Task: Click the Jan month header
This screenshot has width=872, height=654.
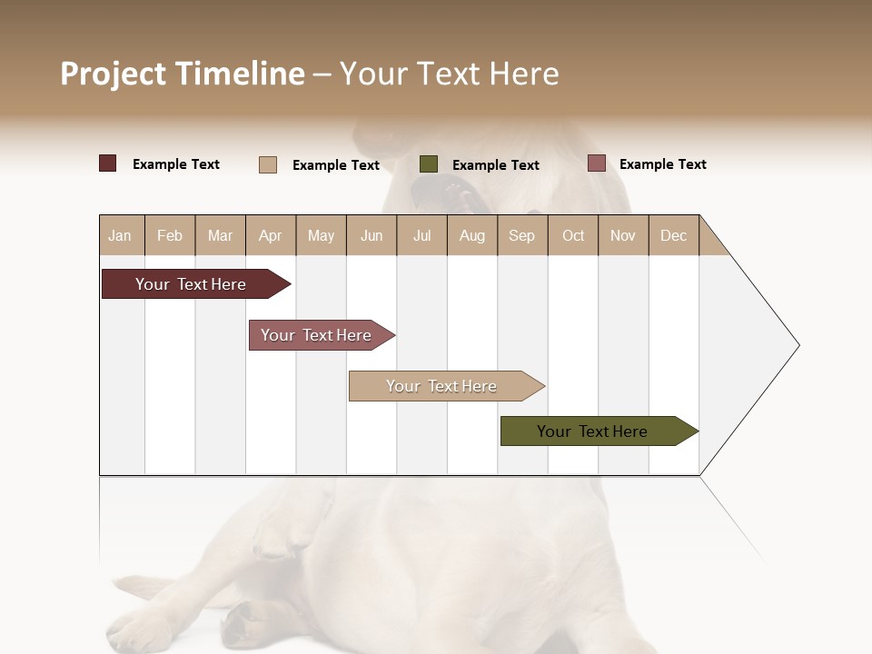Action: tap(120, 235)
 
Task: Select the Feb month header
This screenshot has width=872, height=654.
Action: tap(170, 235)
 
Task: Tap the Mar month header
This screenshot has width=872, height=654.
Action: tap(220, 235)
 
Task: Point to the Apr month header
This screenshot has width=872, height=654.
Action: tap(271, 235)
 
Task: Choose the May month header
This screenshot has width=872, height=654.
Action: tap(321, 235)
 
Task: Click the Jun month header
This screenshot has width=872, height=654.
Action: tap(372, 235)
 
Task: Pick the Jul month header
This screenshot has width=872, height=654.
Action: tap(421, 235)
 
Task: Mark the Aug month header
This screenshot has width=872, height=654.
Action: tap(472, 235)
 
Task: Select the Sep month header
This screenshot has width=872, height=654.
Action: tap(521, 235)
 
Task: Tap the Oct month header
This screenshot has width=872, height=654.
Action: tap(573, 235)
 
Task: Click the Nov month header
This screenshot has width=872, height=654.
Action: tap(623, 235)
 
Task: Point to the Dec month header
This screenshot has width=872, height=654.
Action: tap(673, 235)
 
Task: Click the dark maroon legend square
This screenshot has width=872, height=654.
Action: tap(107, 163)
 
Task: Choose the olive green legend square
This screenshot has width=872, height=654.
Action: tap(429, 164)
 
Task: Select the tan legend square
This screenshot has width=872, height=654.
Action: tap(268, 164)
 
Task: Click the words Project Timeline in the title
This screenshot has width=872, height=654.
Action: tap(183, 74)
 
